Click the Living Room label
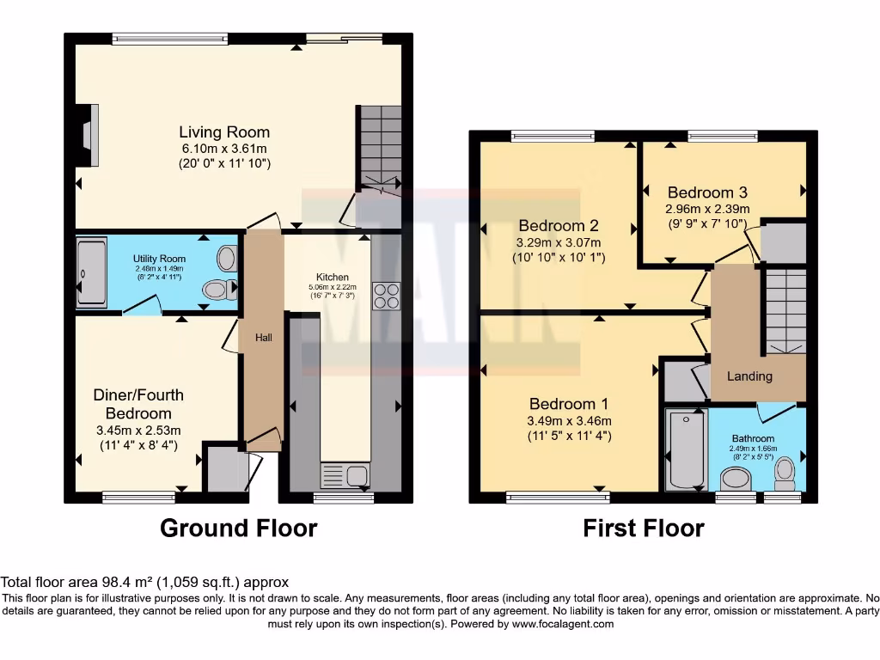point(224,132)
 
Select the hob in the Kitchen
point(385,296)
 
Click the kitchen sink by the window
point(344,474)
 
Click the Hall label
point(263,338)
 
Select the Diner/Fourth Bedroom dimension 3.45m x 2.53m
point(138,430)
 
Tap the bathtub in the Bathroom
point(686,449)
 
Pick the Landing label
point(749,376)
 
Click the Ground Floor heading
point(238,528)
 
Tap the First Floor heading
point(644,528)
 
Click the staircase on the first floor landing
point(785,309)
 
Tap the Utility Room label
point(159,259)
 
